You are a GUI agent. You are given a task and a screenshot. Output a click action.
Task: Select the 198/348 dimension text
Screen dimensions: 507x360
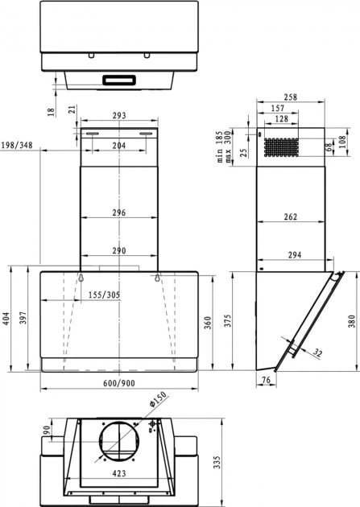point(17,145)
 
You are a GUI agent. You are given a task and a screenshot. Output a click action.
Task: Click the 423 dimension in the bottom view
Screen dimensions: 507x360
point(118,475)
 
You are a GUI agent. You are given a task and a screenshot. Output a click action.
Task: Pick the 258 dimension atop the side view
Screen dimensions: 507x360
point(291,97)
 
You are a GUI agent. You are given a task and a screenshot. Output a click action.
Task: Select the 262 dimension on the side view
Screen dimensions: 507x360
point(291,217)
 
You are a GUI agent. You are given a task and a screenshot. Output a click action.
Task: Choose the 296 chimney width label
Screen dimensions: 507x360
point(118,213)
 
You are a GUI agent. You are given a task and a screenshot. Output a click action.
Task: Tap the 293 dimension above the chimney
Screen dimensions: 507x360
point(118,117)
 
